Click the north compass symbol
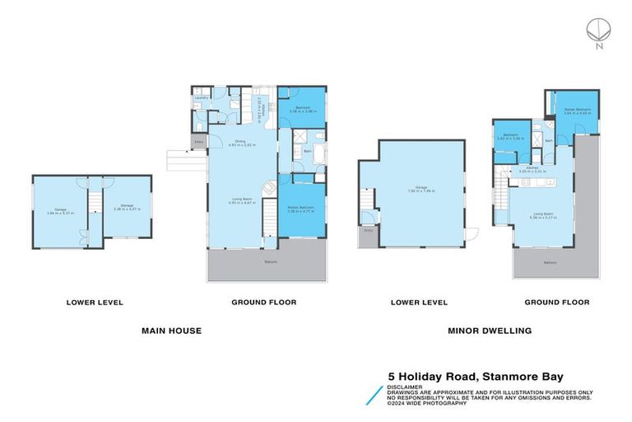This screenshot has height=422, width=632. coord(596,30)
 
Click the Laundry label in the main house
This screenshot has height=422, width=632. coord(200,98)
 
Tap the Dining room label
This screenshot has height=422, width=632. coord(240,142)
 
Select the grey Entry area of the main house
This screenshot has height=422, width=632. coord(198,143)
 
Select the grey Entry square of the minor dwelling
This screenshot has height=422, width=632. coord(367,237)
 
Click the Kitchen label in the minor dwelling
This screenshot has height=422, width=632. coord(532,169)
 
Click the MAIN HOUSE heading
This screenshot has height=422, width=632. coord(171,331)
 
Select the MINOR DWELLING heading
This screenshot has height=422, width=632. coord(489,331)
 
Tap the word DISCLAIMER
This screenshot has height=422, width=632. coord(406,386)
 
